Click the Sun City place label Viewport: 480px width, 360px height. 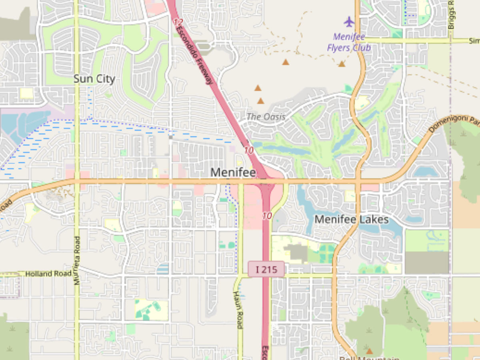coord(94,79)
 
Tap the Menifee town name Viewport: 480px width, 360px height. coord(233,172)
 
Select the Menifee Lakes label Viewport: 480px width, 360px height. coord(351,219)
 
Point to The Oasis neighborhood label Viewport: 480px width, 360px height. coord(266,117)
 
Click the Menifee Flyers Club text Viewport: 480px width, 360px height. coord(349,42)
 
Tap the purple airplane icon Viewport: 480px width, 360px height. coord(349,22)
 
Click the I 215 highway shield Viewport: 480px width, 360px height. coord(266,269)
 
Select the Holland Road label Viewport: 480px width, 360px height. coord(44,274)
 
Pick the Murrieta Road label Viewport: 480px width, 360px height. coord(77,260)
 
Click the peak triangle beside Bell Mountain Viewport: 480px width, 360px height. coord(369,351)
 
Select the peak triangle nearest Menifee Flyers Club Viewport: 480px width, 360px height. coord(342,64)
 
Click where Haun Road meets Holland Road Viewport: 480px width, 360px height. coord(240,276)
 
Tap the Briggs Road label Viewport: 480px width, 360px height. coord(451,14)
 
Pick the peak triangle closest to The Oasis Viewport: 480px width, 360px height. coord(261,101)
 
